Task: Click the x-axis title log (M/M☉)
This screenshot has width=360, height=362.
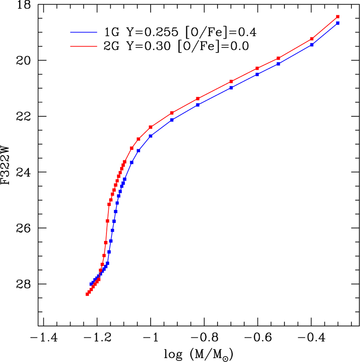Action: point(199,354)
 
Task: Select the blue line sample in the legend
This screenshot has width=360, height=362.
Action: point(84,32)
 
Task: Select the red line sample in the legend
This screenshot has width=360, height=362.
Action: point(84,46)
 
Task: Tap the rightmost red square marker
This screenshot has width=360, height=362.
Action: point(338,17)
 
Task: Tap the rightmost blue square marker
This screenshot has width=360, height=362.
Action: point(338,23)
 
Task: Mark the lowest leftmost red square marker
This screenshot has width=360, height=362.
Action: point(87,294)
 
